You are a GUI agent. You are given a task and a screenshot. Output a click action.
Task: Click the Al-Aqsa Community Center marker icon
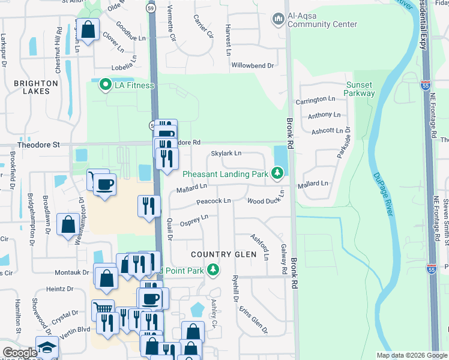pyautogui.click(x=278, y=19)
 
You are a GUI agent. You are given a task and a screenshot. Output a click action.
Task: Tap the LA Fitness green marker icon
pyautogui.click(x=106, y=85)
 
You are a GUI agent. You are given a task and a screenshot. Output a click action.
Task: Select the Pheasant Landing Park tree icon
pyautogui.click(x=277, y=174)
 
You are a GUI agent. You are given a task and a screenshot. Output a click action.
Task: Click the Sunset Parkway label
pyautogui.click(x=360, y=89)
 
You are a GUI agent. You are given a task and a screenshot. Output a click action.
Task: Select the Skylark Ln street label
pyautogui.click(x=226, y=154)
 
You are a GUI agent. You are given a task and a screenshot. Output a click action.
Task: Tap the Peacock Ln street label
pyautogui.click(x=214, y=201)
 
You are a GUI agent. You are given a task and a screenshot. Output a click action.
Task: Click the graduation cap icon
pyautogui.click(x=47, y=349)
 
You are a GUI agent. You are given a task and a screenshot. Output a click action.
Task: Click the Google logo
pyautogui.click(x=20, y=353)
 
